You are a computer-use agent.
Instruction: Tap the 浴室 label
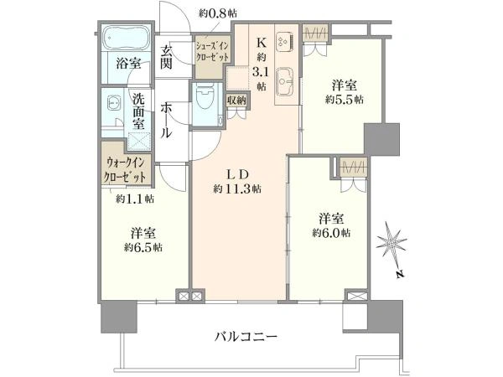click(x=127, y=63)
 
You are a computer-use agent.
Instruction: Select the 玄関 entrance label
click(x=168, y=56)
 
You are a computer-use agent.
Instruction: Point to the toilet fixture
click(x=204, y=104)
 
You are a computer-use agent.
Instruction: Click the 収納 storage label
click(x=236, y=101)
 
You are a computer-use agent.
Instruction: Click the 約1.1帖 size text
click(x=133, y=199)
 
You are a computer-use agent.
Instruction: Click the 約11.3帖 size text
click(x=237, y=189)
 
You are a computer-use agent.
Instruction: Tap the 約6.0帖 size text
click(x=330, y=231)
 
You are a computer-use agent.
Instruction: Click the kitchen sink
click(x=283, y=79)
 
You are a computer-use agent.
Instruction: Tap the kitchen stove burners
click(x=283, y=39)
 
